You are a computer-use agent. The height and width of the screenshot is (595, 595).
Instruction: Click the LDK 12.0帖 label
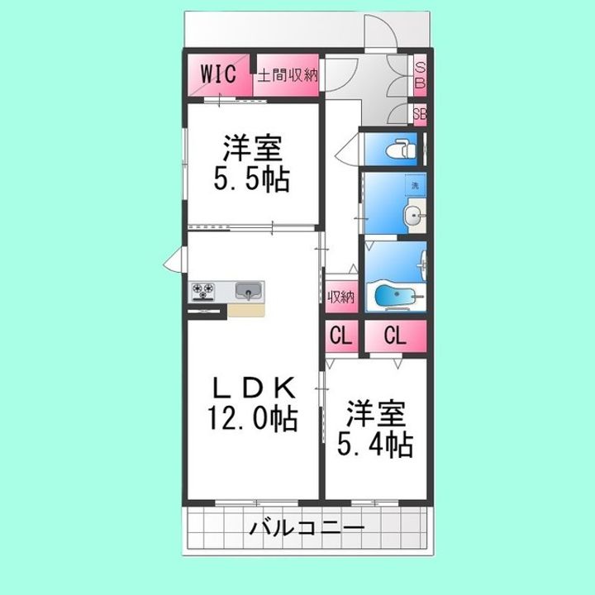coord(253,402)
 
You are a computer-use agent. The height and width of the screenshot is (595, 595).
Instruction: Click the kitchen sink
coord(247,291)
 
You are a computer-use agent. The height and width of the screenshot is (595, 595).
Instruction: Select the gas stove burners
coord(203,291)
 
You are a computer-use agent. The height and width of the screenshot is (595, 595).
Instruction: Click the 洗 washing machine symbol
coord(415,185)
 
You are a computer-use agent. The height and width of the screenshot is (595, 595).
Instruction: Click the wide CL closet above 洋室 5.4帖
coord(396,336)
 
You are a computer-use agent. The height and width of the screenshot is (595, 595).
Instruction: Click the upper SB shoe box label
coord(419,74)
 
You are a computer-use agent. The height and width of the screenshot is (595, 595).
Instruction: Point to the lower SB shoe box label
coord(419,114)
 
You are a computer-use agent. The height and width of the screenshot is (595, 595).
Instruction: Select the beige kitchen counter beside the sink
coord(245,310)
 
